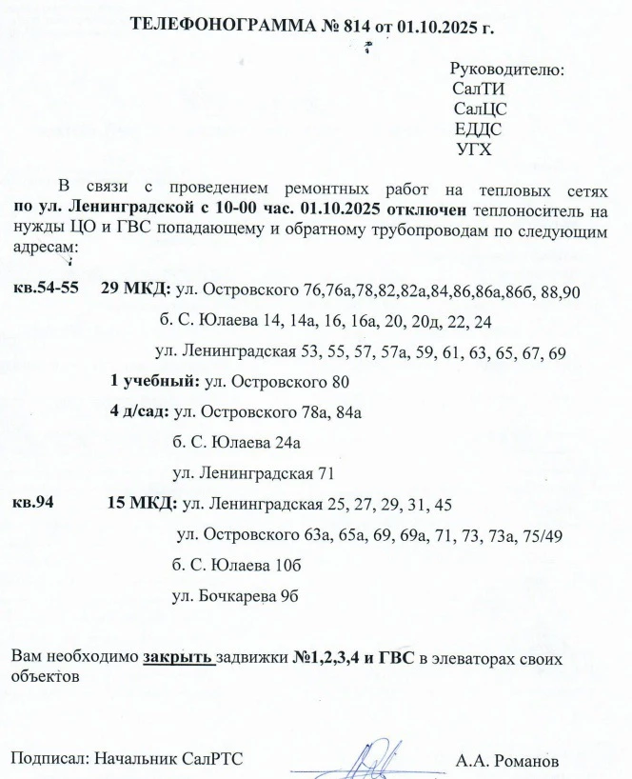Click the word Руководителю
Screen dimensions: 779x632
[x=506, y=70]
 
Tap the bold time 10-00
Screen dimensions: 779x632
[x=239, y=207]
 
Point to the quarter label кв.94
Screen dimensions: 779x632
[x=31, y=502]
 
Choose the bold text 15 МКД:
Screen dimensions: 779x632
[x=143, y=502]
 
